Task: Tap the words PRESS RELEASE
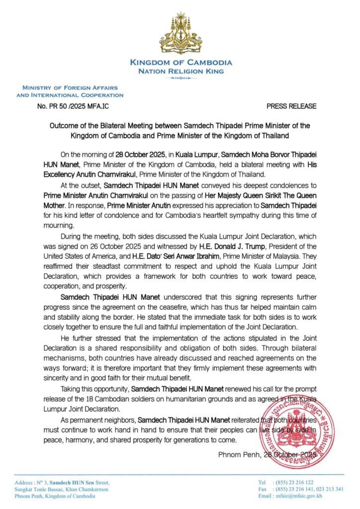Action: tap(291, 106)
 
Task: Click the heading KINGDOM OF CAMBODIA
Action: tap(180, 63)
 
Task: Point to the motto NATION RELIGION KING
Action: tap(180, 71)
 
